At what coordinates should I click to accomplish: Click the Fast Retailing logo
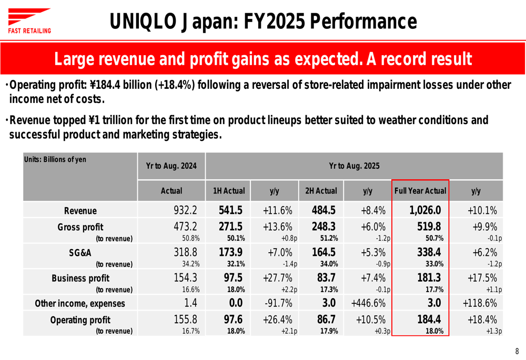(x=29, y=21)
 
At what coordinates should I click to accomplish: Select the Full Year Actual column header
(x=420, y=191)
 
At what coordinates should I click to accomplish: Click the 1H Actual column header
(x=229, y=191)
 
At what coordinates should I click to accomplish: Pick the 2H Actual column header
(x=321, y=191)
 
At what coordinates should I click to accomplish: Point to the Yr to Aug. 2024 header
(x=171, y=166)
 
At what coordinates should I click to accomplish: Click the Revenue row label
(x=80, y=211)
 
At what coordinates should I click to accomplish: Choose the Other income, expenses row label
(x=80, y=303)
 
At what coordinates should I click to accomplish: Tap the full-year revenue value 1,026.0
(x=425, y=210)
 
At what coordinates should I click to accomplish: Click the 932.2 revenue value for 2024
(x=185, y=210)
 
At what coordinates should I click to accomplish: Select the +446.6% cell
(x=368, y=303)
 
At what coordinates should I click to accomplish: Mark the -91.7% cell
(x=277, y=303)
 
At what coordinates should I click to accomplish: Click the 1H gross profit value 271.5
(x=230, y=227)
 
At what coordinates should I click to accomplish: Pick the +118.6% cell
(x=480, y=303)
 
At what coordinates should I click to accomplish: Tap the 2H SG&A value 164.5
(x=323, y=252)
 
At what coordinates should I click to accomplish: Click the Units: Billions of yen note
(x=55, y=159)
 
